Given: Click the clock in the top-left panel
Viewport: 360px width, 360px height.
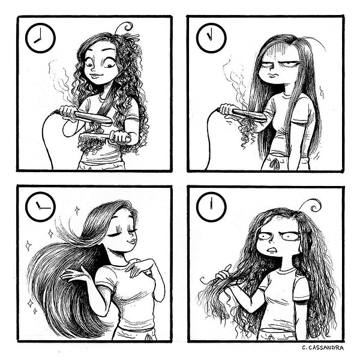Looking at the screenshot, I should coord(40,38).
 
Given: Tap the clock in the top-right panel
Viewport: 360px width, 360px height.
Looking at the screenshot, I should coord(211,38).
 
